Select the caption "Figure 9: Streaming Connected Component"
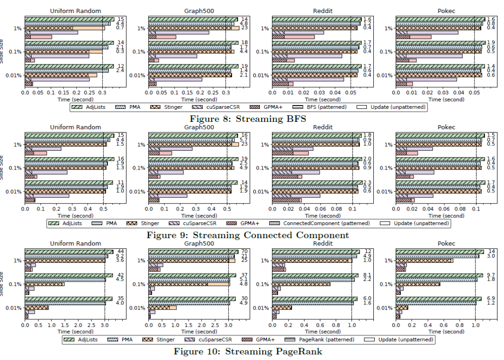coord(248,235)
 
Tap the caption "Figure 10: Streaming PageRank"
coord(248,351)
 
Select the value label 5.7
coord(244,140)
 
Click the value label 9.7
coord(491,275)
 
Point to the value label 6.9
coord(491,298)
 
